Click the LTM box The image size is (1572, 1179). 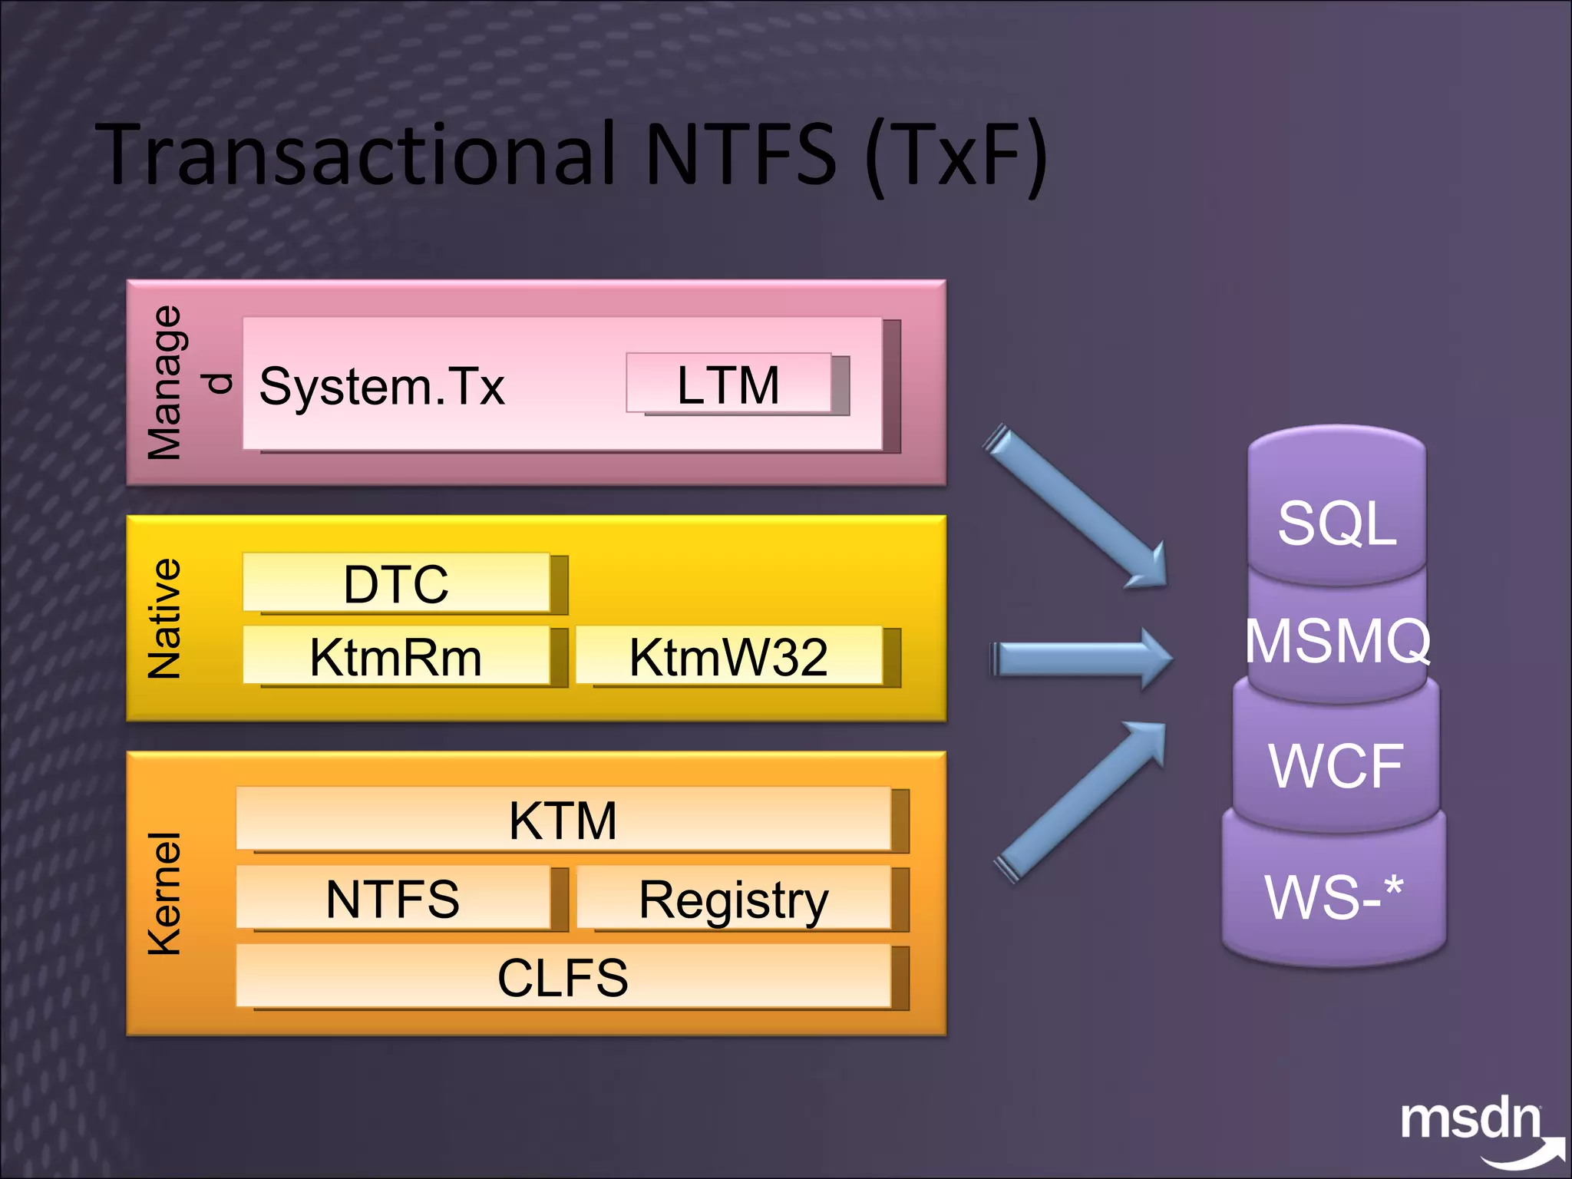729,384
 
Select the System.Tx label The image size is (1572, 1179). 381,385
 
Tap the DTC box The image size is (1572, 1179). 396,583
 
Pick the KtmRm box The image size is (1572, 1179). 396,656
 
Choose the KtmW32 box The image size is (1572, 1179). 729,656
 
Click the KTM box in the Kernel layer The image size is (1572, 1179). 563,820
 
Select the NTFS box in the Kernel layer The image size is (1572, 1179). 393,898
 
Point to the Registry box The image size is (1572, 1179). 734,898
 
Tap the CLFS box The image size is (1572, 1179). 563,976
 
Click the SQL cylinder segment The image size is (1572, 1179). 1337,523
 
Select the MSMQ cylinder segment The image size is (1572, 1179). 1337,641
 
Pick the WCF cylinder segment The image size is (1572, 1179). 1336,765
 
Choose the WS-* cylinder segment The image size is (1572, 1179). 1334,896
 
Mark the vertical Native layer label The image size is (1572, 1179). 164,619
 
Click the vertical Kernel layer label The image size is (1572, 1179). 164,894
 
